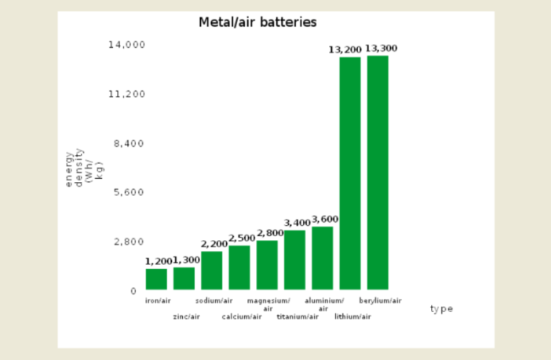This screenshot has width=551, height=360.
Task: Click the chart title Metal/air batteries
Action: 257,23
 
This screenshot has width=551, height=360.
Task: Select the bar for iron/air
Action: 156,279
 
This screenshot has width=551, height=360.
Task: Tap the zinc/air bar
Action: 184,278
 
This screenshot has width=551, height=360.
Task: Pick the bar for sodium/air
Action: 212,271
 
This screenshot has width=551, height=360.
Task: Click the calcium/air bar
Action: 239,267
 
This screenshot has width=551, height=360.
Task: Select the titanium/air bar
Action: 295,260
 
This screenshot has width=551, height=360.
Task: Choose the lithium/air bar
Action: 350,173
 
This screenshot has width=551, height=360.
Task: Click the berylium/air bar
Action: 378,173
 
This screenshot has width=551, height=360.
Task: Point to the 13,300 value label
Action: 381,49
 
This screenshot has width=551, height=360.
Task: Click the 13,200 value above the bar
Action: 345,50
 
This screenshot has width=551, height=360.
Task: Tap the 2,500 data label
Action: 242,238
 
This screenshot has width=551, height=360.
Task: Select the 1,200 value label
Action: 158,261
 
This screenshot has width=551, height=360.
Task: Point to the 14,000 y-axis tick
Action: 126,45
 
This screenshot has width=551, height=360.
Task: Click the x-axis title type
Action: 441,309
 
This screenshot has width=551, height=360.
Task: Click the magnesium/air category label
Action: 268,304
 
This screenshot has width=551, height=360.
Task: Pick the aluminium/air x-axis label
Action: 323,304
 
